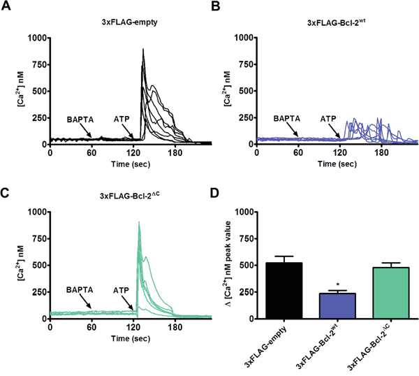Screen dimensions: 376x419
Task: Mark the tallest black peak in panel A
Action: point(142,50)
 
